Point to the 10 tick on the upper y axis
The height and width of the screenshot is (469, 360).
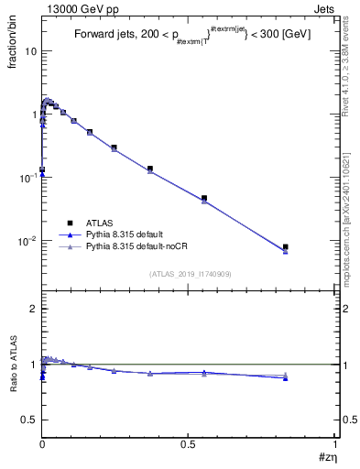click(29, 51)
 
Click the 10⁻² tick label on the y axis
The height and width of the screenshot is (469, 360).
click(27, 241)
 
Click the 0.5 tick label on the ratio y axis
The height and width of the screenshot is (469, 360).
click(28, 420)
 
